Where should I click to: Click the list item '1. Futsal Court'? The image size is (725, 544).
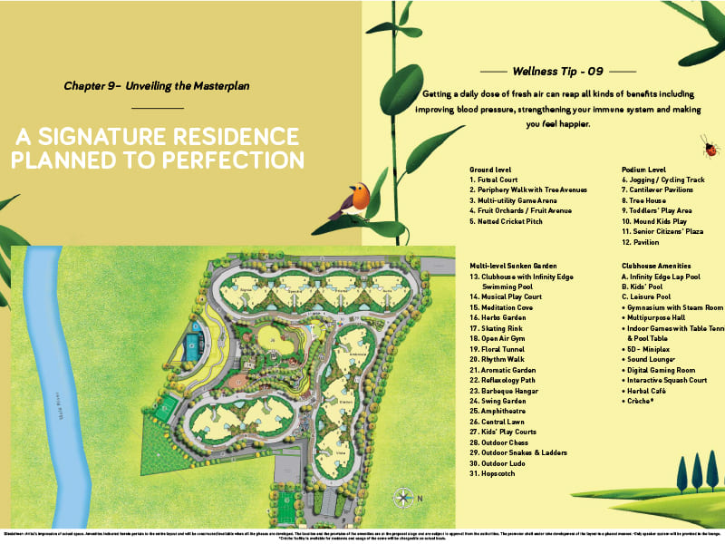(495, 180)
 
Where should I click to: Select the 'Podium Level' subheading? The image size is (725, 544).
(645, 170)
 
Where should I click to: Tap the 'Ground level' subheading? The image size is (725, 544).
(492, 170)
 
